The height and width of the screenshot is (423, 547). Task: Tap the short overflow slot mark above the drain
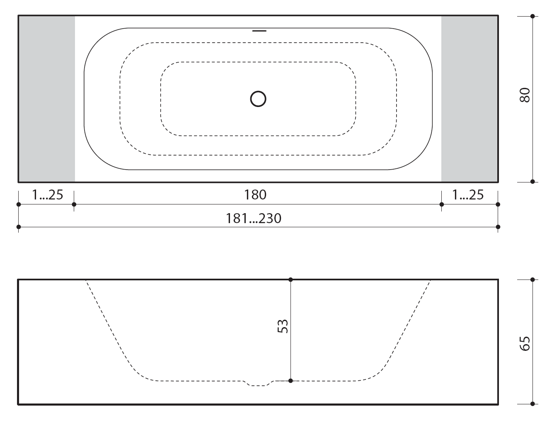(x=259, y=31)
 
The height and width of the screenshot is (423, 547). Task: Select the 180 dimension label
(x=255, y=195)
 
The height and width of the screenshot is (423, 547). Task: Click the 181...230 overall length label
(x=254, y=218)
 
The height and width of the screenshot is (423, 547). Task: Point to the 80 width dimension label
(x=525, y=95)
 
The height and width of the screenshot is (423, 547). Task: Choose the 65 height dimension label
(x=525, y=343)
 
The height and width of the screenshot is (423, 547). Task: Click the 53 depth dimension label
(x=283, y=326)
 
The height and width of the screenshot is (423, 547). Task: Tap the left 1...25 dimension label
(x=48, y=195)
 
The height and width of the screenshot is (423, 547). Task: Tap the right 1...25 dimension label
(x=468, y=195)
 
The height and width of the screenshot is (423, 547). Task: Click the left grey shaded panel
(x=47, y=99)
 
